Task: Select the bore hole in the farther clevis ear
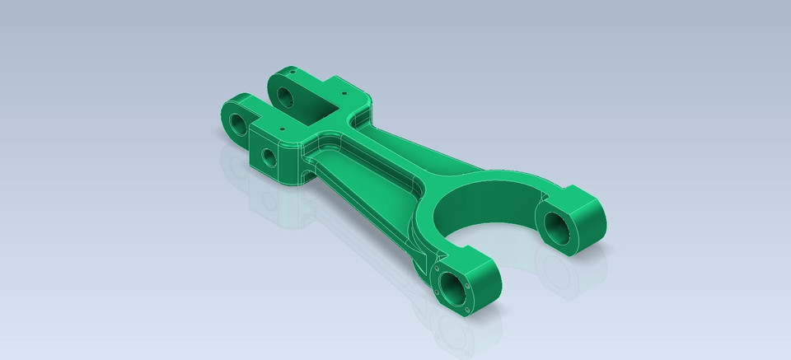pos(287,98)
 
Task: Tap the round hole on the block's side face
pos(269,156)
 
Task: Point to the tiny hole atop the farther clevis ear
pos(294,73)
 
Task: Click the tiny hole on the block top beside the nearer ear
pos(281,129)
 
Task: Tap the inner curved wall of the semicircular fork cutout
pos(486,198)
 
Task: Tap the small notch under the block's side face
pos(307,175)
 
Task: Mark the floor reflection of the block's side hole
pos(265,202)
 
